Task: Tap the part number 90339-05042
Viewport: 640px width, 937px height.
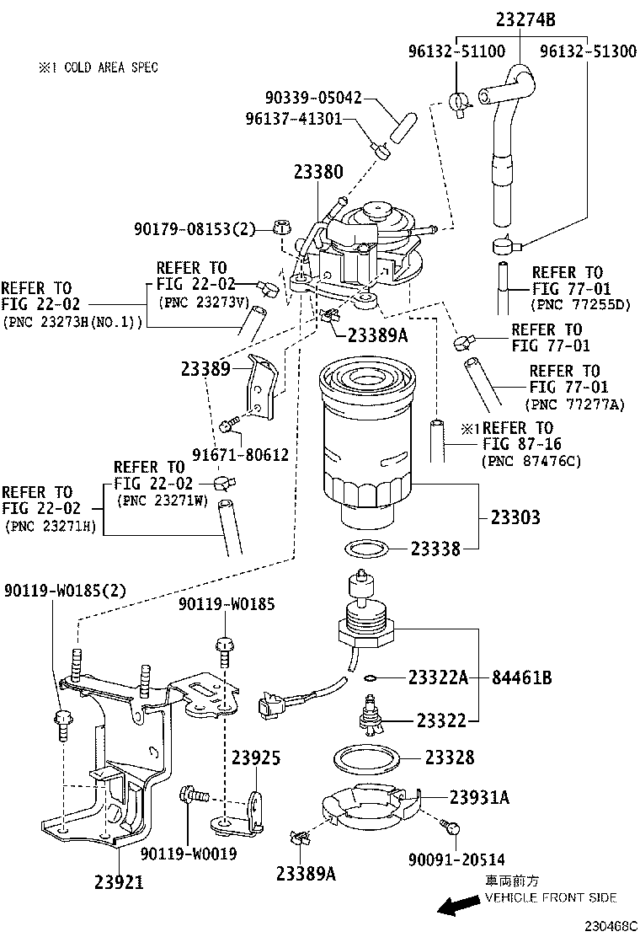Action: click(304, 98)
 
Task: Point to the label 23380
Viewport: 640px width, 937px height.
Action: click(318, 172)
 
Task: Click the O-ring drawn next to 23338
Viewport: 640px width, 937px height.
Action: click(368, 550)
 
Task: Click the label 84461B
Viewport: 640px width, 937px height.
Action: click(522, 677)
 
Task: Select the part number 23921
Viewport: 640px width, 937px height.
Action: click(118, 882)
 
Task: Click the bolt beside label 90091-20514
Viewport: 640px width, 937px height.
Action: click(454, 827)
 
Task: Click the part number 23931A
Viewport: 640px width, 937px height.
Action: click(479, 797)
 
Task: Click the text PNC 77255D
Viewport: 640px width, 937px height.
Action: click(580, 304)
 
